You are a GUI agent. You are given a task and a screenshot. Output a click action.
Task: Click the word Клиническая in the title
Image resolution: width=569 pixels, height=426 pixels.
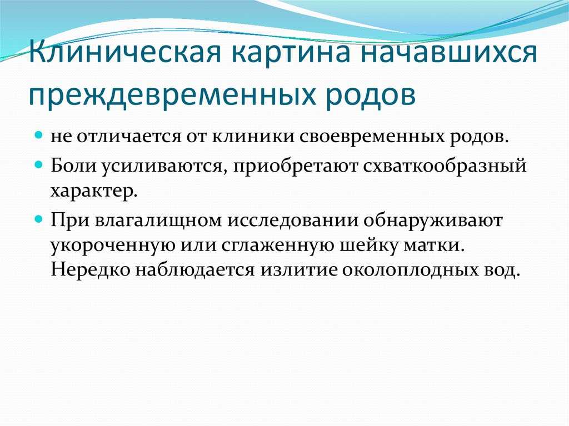pos(125,52)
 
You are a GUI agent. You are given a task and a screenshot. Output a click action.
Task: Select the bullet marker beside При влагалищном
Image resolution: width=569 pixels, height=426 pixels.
pos(39,219)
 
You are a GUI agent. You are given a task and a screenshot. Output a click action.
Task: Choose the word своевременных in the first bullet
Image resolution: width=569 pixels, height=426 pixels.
pos(373,137)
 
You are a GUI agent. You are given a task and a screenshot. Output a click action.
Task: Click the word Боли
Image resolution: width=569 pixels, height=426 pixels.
pos(73,165)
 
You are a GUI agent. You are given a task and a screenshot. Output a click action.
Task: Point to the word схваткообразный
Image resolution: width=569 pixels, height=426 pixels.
pos(445,166)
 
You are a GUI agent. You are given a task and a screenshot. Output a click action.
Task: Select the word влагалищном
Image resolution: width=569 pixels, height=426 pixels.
pos(158,220)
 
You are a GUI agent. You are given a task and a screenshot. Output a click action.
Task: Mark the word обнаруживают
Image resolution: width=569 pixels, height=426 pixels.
pos(433,220)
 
